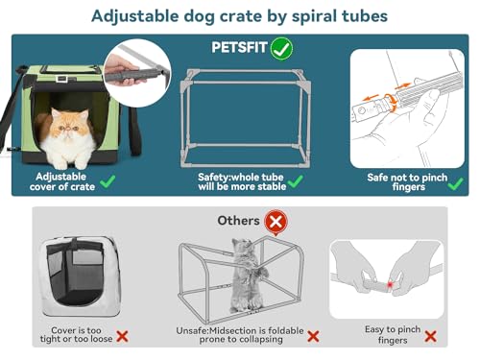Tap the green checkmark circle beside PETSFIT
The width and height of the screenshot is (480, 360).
point(281,47)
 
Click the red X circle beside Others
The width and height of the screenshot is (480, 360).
point(277,222)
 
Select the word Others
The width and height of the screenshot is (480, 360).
point(238,221)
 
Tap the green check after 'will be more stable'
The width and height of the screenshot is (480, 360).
point(295,181)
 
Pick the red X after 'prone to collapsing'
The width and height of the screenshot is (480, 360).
point(313,337)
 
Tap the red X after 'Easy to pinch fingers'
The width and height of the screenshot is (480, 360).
point(430,336)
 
